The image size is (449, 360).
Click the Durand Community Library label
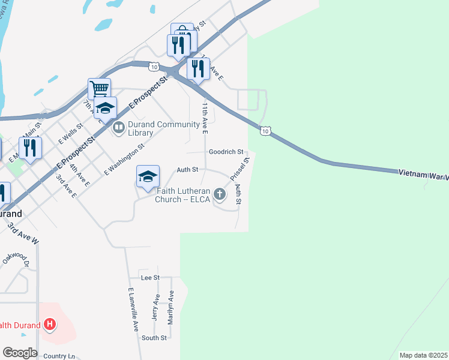point(163,128)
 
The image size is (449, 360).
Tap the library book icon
point(118,127)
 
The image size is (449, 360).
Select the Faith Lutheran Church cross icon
point(220,194)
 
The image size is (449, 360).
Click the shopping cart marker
point(99,89)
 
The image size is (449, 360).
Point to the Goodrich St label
point(226,152)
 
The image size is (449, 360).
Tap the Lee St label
point(149,278)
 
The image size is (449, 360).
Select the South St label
point(154,338)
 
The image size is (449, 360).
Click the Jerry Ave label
point(156,307)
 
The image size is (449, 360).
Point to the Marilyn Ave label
point(170,307)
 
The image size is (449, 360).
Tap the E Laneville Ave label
point(133,310)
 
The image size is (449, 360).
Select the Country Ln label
point(59,356)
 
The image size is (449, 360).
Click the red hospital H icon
point(50,325)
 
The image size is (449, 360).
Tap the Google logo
point(20,353)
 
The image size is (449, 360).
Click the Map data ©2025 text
point(423,355)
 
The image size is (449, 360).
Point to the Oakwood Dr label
point(16,258)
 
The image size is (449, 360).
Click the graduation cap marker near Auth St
point(148,177)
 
